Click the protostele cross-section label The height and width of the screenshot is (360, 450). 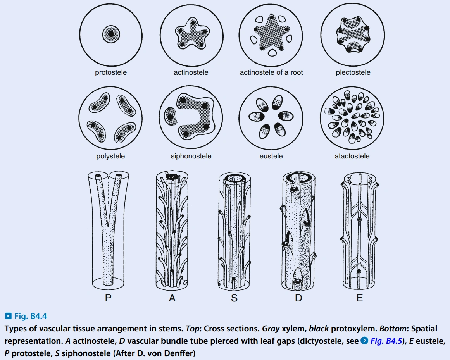(x=111, y=72)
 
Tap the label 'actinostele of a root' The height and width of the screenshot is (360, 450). (x=271, y=72)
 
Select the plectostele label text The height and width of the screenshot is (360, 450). (x=353, y=72)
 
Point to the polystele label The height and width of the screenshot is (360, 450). (x=110, y=157)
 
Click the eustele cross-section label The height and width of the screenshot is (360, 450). (x=271, y=157)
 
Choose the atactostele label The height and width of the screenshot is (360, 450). (x=352, y=157)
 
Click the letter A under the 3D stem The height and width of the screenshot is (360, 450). (x=172, y=298)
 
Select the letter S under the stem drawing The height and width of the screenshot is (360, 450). (x=235, y=298)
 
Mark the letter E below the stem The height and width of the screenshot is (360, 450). (x=359, y=298)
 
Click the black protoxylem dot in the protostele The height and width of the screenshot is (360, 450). (x=111, y=34)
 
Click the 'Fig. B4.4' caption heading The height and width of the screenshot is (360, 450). (x=28, y=317)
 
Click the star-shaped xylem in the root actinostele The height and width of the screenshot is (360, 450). (x=271, y=37)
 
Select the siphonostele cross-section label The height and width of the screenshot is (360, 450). (x=191, y=157)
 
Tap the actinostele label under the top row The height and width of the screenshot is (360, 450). (x=191, y=72)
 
